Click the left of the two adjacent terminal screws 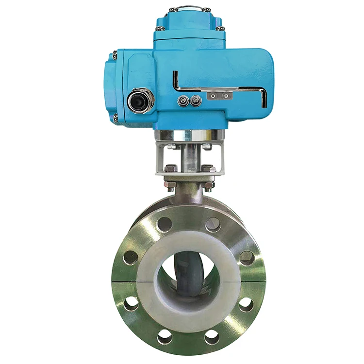[x=183, y=100]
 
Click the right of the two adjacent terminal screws [x=195, y=101]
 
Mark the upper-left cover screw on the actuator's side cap [x=115, y=55]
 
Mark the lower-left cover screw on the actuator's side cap [x=115, y=117]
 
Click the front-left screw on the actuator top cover [x=157, y=29]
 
